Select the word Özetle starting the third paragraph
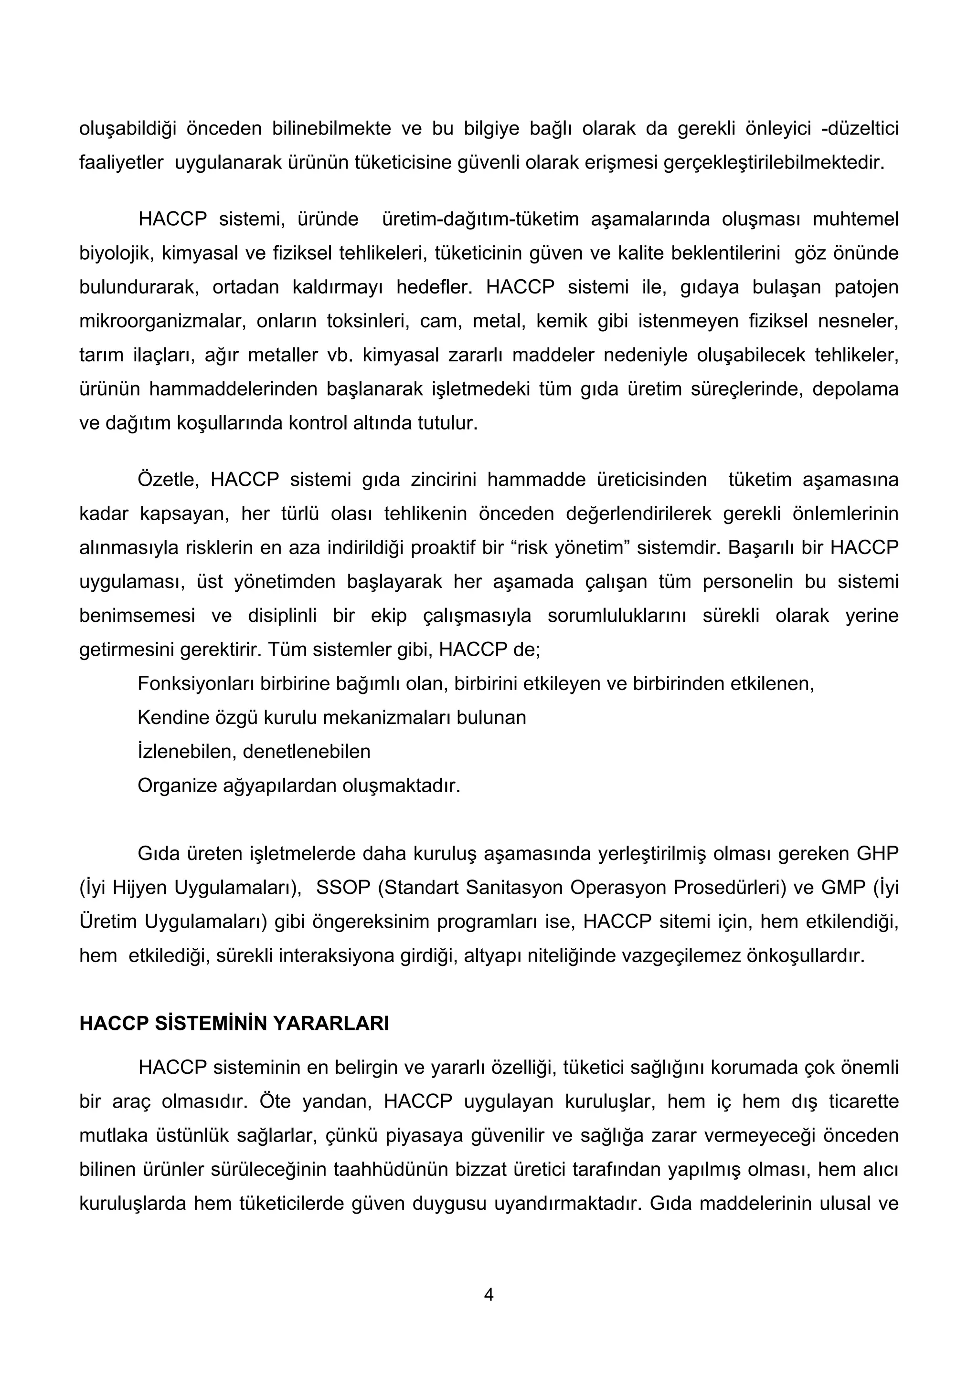168,480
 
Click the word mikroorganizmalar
162,321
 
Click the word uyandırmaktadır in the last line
563,1204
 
